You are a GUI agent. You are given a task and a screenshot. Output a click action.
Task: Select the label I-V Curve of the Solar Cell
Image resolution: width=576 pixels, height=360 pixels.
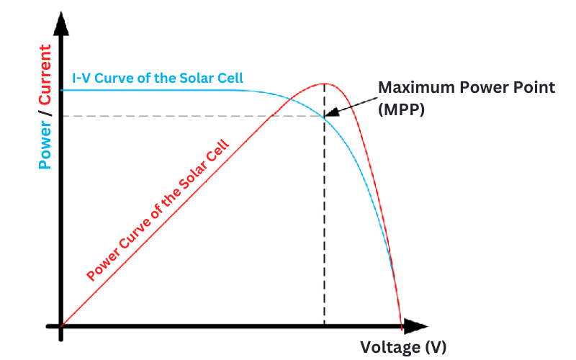pos(157,78)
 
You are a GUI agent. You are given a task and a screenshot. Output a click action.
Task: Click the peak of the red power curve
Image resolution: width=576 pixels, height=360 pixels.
pos(325,84)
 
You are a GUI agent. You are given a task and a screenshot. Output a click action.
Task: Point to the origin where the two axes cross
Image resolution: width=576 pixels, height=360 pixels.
pos(62,327)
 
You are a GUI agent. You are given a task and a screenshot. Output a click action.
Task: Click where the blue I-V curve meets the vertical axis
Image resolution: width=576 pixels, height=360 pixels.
pos(63,90)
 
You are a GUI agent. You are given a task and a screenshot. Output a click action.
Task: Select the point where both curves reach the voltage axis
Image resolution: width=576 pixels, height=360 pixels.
pos(401,326)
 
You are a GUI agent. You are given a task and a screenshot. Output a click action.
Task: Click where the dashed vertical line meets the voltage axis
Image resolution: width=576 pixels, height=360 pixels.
pos(324,326)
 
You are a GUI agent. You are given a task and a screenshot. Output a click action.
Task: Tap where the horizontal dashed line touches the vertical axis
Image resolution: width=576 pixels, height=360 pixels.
pos(63,116)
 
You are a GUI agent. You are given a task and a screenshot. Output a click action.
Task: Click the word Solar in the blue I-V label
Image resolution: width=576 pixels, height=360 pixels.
pos(202,78)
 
